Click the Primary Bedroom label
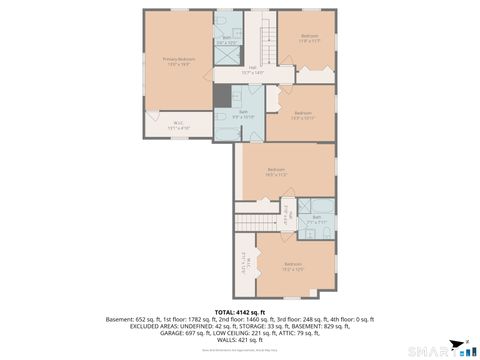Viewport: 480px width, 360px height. coord(179,61)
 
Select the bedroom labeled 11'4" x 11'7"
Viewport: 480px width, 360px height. coord(308,40)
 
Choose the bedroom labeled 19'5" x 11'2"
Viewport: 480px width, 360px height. coord(277,172)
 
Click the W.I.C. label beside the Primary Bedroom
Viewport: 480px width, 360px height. coord(178,125)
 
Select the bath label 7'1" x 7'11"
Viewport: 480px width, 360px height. coord(316,219)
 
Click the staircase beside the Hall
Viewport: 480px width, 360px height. coord(267,45)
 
